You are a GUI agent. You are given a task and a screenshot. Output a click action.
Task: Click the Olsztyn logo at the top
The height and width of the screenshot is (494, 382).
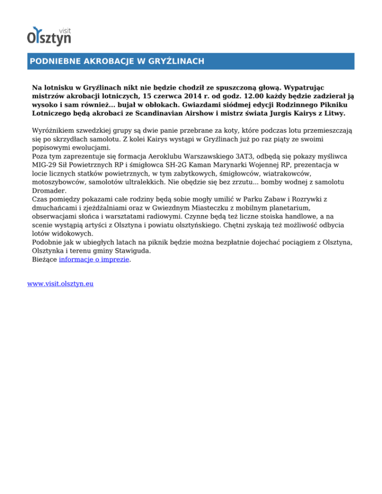(49, 36)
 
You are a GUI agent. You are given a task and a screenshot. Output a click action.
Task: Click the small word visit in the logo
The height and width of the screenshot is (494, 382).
(64, 29)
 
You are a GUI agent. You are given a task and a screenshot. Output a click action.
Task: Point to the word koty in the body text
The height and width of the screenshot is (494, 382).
(235, 130)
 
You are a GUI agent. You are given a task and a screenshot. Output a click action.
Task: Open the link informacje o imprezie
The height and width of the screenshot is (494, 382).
(94, 259)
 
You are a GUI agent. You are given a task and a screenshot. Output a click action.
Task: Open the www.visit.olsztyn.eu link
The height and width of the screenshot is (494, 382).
(61, 284)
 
